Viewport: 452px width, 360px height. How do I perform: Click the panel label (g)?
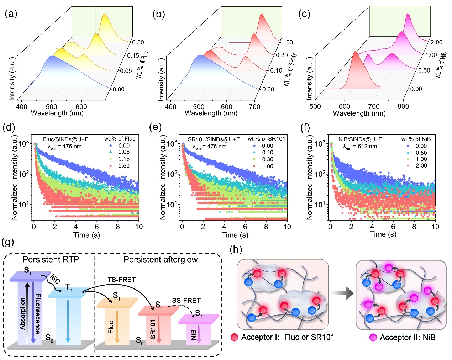8,243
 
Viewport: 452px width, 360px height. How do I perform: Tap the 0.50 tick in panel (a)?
138,42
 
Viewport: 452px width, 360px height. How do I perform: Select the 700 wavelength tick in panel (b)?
255,107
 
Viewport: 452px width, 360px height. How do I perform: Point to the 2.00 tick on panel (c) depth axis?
436,42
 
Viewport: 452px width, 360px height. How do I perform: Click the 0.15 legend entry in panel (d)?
124,159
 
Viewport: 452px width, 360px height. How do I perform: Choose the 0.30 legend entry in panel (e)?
268,159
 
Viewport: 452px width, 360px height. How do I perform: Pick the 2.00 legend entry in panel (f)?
421,166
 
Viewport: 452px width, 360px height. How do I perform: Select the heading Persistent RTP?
51,260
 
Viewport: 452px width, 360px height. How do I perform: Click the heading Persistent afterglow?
161,260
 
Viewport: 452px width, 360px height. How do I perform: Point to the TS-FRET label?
122,280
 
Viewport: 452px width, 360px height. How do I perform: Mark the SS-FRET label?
186,301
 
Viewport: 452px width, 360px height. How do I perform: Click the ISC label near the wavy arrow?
55,279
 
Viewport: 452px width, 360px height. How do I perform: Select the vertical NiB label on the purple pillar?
194,335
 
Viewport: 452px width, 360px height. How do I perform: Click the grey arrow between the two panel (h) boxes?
342,293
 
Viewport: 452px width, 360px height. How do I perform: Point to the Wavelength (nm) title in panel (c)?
359,113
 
